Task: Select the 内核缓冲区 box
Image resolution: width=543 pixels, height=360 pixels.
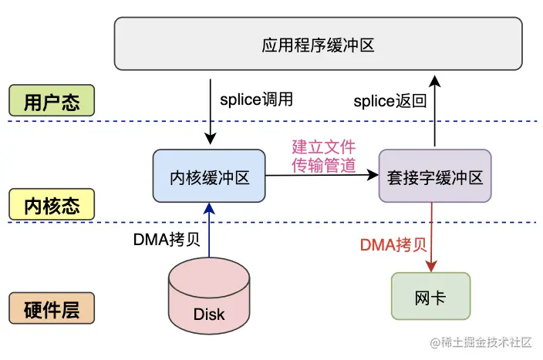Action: tap(209, 177)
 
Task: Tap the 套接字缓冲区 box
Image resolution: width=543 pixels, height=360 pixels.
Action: tap(435, 177)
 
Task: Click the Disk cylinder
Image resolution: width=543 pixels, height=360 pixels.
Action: tap(209, 297)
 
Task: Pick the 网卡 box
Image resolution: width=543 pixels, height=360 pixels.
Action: tap(430, 296)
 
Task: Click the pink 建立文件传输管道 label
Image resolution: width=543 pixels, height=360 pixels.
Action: tap(322, 155)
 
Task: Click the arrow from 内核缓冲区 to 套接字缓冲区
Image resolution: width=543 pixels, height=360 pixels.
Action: tap(322, 176)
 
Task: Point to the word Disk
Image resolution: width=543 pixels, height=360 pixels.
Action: tap(209, 314)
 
